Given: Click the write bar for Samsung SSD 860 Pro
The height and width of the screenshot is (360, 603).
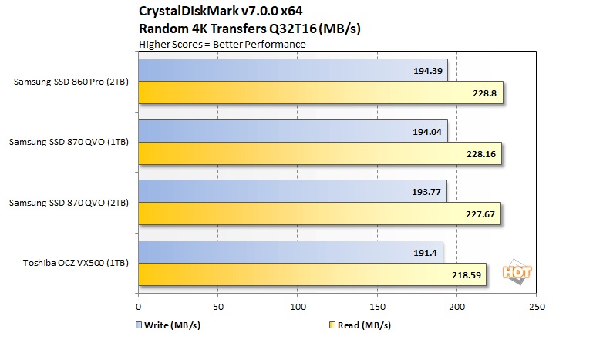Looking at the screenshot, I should (293, 70).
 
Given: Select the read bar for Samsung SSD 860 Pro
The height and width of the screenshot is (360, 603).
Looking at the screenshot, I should (320, 93).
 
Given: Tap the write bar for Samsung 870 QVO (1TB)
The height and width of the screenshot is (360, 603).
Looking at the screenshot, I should (293, 131).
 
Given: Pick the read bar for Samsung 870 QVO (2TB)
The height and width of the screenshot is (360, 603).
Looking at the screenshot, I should (319, 214).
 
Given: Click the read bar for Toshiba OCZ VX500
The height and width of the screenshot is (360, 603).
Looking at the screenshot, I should (312, 274).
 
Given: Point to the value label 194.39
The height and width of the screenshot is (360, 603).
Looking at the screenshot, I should (429, 71).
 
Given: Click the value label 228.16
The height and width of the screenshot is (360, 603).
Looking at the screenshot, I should (482, 153).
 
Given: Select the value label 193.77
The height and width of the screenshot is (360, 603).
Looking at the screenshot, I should (428, 191).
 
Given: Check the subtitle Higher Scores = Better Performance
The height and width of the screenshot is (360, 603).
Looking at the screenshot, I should (222, 44).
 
